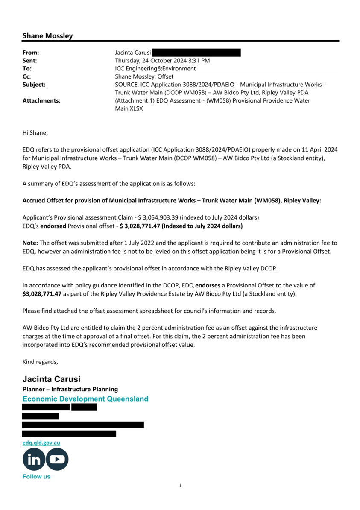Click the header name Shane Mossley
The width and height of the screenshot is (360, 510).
[47, 36]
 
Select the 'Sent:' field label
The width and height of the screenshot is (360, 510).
[29, 61]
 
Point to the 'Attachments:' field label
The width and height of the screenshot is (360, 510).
[41, 101]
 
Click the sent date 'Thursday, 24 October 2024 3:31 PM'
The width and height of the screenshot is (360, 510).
[162, 61]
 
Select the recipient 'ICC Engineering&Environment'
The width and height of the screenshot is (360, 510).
[155, 68]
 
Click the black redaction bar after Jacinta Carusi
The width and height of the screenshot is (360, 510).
[196, 53]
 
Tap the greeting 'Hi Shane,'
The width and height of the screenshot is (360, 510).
[35, 133]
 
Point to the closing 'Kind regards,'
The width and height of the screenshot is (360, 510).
[40, 362]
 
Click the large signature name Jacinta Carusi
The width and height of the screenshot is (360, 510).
[51, 379]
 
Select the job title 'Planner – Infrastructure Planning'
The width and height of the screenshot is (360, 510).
[70, 389]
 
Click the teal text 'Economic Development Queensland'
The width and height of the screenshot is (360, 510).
[85, 399]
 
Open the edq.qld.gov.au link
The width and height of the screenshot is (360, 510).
[41, 443]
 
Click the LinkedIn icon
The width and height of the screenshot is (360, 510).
[34, 459]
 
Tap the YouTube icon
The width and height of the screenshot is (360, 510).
[57, 459]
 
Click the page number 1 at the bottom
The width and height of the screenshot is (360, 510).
[180, 485]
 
